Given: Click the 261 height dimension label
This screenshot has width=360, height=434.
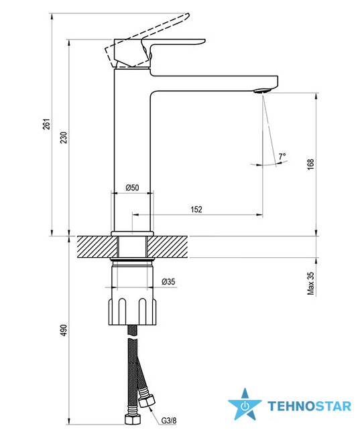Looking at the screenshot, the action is point(47,124).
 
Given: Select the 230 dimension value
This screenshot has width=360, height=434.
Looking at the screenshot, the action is point(64,137).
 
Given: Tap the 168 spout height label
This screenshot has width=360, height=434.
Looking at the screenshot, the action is point(311,164).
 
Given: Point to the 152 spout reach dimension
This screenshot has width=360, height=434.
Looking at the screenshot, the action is point(196,209).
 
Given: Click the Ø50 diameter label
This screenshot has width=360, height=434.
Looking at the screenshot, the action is point(132,188).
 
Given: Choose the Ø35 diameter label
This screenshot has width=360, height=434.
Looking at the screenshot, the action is point(168,281).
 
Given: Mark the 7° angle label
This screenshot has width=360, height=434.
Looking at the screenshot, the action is point(282,156).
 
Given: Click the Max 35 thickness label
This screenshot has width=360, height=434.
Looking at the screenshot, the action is point(311,283).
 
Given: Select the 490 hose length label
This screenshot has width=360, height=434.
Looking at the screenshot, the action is point(64,330).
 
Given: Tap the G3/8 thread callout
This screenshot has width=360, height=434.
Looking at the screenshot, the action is point(168,421).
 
